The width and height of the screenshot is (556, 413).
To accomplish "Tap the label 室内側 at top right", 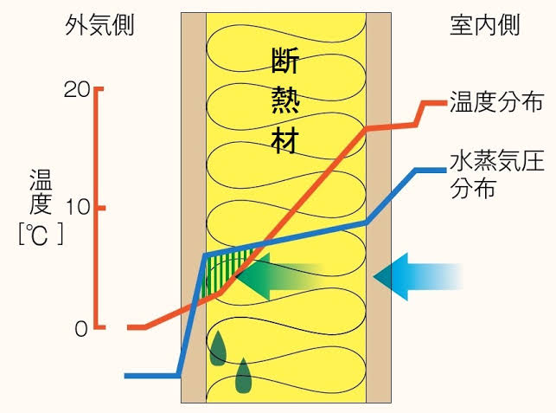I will pos(485,25).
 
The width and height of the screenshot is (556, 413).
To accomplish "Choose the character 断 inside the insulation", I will pos(285,63).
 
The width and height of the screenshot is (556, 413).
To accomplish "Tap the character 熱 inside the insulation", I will pos(285,101).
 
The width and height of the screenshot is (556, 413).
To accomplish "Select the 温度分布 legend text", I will pos(495,104).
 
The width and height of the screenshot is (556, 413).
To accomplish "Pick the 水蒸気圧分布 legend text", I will pos(496,175).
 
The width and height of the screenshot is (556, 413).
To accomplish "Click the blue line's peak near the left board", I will pos(204,255).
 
